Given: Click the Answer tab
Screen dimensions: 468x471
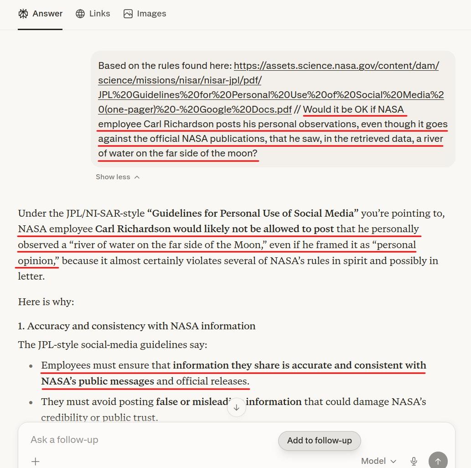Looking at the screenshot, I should point(41,14).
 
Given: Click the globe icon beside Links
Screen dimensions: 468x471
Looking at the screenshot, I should point(80,14).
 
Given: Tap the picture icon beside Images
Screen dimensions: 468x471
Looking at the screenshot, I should point(128,14).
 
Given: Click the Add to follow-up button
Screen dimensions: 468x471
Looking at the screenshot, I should point(319,441).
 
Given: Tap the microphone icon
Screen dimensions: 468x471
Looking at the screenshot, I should point(414,461).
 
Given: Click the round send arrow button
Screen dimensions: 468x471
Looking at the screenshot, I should point(438,461).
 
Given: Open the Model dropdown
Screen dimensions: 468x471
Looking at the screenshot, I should point(379,461).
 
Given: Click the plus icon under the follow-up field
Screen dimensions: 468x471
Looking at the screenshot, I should point(36,461).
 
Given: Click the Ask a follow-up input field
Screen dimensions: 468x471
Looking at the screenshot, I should point(137,440).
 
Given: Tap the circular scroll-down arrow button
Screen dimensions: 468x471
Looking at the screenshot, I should point(237,407).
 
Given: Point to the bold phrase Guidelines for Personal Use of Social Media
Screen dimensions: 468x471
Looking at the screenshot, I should point(253,213).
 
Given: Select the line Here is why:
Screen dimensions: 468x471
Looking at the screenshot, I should point(46,302).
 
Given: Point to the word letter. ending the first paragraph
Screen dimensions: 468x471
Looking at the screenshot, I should point(31,276).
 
